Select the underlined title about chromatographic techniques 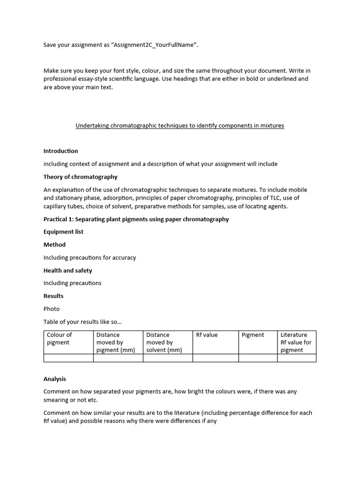point(180,126)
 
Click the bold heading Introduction point(61,151)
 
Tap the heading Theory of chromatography point(81,177)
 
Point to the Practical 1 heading point(136,219)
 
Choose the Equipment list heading point(63,232)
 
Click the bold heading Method point(54,245)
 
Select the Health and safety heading point(67,270)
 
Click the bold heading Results point(53,296)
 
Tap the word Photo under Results point(52,309)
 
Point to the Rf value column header point(207,335)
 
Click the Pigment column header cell point(253,335)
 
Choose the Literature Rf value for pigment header point(296,342)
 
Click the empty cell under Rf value point(215,358)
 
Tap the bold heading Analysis point(55,379)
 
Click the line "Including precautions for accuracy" point(90,257)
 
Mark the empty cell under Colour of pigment point(68,358)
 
